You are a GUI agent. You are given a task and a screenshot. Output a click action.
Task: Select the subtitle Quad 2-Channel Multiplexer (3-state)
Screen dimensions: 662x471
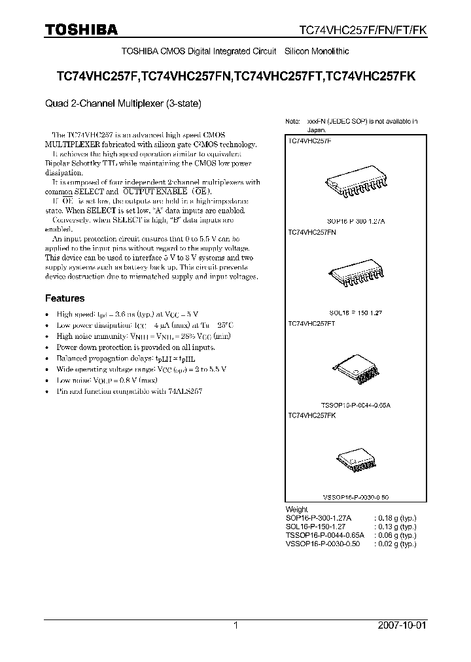[x=122, y=103]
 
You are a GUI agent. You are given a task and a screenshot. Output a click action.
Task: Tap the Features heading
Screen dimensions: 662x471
[x=64, y=298]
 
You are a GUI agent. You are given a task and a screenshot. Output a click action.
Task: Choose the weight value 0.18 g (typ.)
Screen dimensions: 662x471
[x=395, y=517]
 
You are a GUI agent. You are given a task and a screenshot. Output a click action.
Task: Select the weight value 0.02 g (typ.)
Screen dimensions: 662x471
[x=395, y=544]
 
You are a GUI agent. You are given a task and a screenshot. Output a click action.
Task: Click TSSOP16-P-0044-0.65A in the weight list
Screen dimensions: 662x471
[x=323, y=535]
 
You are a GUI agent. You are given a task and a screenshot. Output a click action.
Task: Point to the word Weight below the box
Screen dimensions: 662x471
[x=296, y=509]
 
